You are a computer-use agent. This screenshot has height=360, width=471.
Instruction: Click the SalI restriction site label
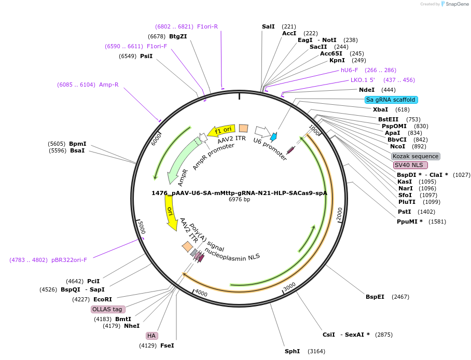(x=268, y=26)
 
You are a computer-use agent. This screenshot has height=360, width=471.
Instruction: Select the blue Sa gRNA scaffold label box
(x=391, y=100)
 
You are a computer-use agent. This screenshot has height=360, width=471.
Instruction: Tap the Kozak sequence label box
(x=415, y=156)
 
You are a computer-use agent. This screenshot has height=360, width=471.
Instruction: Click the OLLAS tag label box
(x=108, y=309)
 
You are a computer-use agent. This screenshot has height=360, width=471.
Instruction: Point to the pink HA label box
(x=151, y=336)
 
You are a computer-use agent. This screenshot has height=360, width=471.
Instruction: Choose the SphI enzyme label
(x=292, y=351)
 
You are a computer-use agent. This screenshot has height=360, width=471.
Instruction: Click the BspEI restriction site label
(x=375, y=297)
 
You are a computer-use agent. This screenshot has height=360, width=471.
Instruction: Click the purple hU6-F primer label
(x=349, y=70)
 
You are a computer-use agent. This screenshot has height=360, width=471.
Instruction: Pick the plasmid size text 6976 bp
(x=239, y=199)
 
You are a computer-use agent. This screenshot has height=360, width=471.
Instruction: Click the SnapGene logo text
(x=456, y=4)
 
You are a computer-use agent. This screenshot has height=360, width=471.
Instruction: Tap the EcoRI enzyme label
(x=102, y=299)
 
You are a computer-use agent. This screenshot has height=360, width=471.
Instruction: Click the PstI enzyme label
(x=404, y=212)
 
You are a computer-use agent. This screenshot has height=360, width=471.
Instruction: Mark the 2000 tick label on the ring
(x=340, y=214)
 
